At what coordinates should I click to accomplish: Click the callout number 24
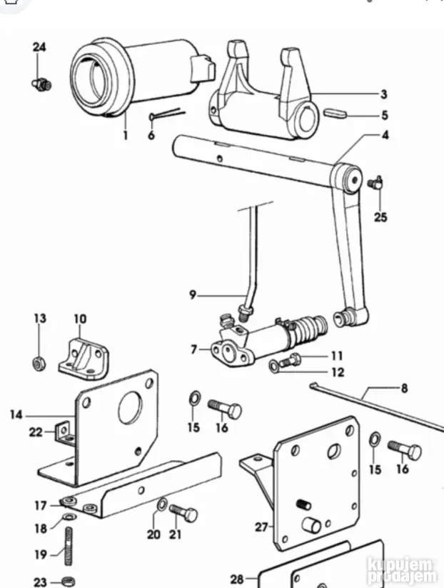pos(39,47)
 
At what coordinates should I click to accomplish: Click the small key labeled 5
pos(335,113)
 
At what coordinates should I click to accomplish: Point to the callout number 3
pos(383,94)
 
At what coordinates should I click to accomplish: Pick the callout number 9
pos(193,295)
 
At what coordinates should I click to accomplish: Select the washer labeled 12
pos(275,366)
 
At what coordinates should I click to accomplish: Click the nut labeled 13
pos(39,363)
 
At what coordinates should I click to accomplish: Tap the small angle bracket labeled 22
pos(64,432)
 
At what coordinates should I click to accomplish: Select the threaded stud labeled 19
pos(69,546)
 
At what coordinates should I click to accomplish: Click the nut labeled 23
pos(69,582)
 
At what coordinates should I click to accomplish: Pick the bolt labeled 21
pos(183,513)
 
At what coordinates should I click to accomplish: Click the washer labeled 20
pos(162,504)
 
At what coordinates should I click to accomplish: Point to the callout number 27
pos(261,527)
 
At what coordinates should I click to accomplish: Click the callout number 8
pos(404,389)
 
